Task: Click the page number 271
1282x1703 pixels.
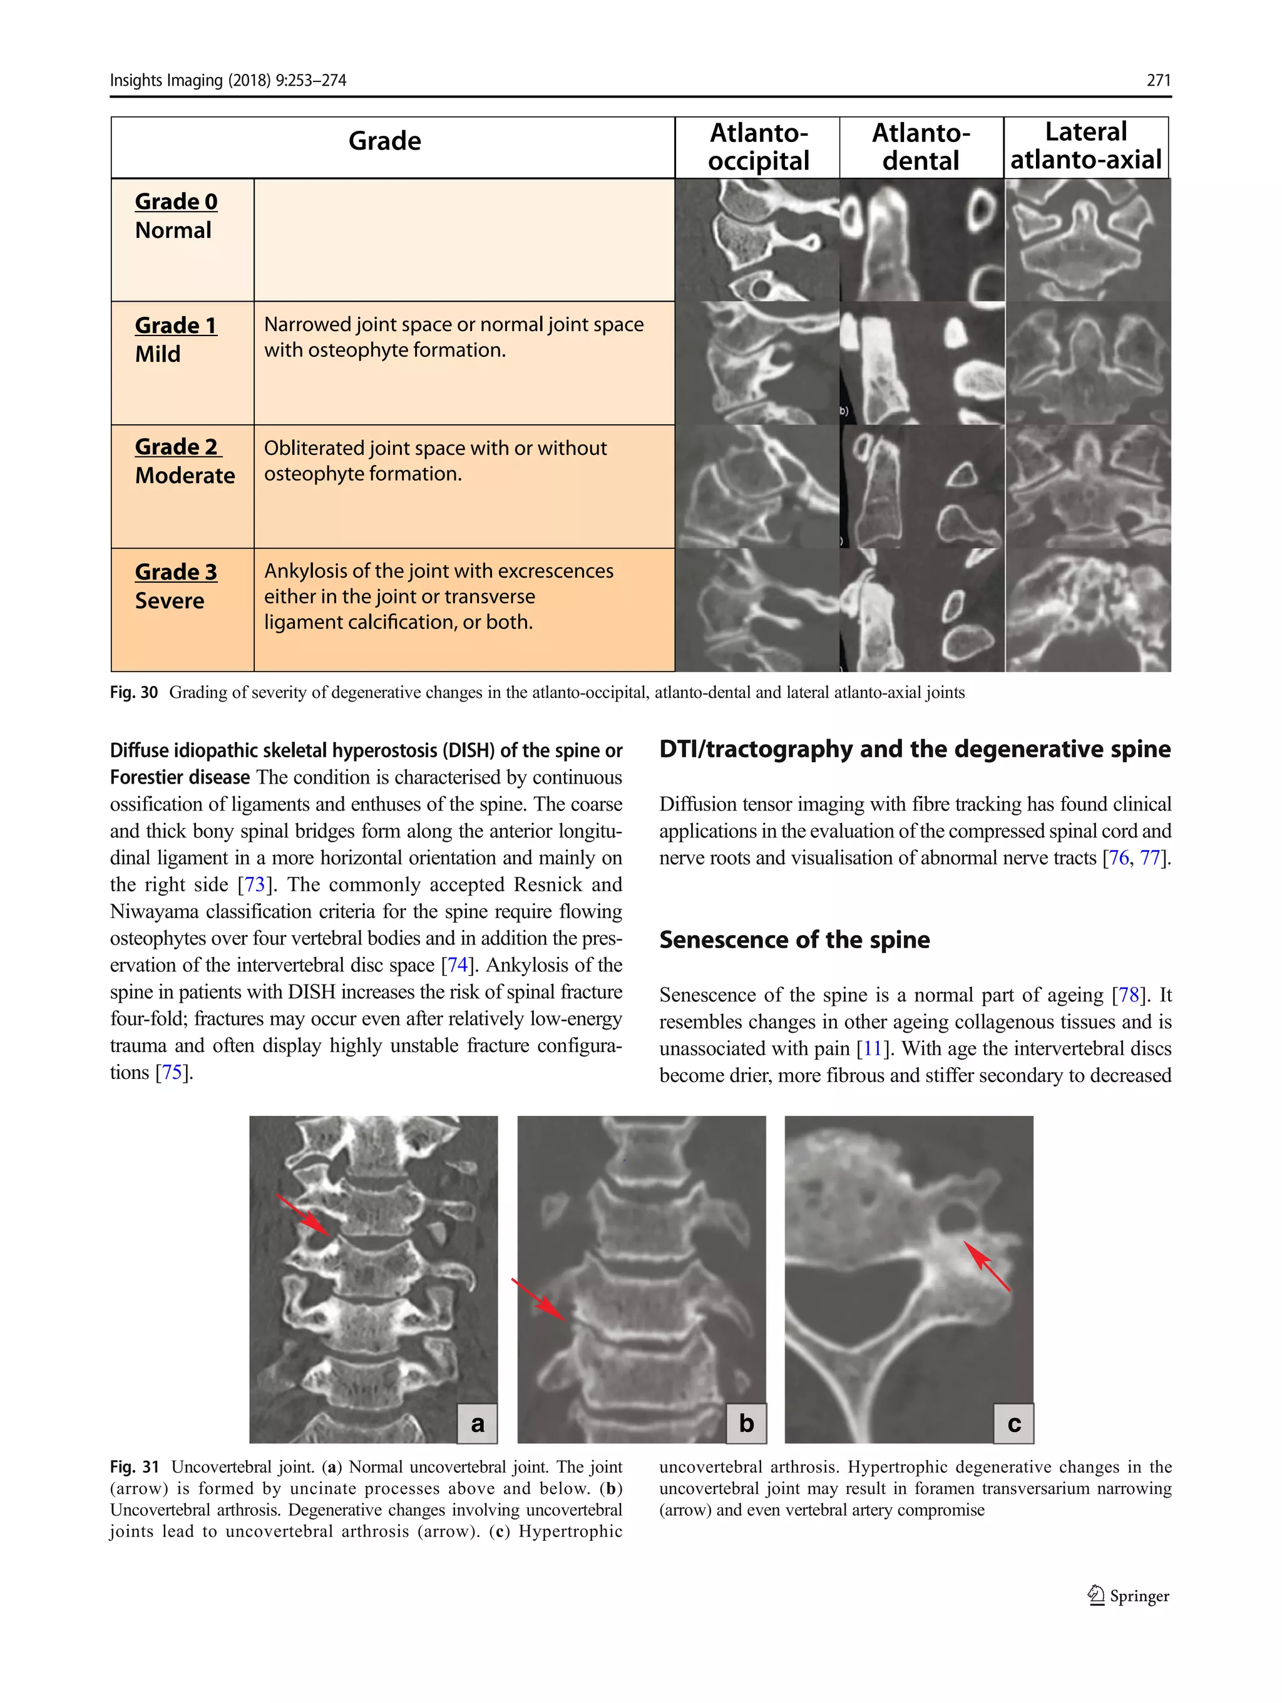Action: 1158,80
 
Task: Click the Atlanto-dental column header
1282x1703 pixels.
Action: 921,147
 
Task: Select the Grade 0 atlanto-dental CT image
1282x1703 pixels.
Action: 921,240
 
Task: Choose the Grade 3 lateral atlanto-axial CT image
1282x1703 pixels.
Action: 1087,610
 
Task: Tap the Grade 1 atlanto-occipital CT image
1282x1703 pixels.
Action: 757,364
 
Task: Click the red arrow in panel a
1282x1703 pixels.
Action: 305,1215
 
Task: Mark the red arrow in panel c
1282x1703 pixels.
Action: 987,1266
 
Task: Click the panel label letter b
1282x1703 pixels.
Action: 746,1423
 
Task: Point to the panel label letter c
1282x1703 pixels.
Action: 1013,1423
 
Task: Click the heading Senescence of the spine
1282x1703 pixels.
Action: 794,939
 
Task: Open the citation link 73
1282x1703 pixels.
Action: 255,884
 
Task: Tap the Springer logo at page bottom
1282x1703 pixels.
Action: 1128,1596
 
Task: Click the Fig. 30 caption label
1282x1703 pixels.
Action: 134,692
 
